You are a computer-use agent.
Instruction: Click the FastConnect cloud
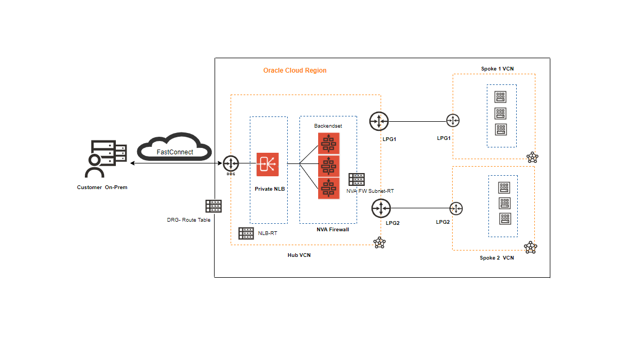(x=175, y=146)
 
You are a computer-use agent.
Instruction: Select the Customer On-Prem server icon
(x=106, y=159)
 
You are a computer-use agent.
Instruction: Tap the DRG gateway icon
(x=231, y=163)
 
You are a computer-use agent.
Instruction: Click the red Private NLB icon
(x=267, y=165)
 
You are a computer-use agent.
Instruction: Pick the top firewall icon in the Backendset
(x=329, y=143)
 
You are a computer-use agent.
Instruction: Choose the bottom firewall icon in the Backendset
(x=329, y=188)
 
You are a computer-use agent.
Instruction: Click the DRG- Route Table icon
(x=214, y=206)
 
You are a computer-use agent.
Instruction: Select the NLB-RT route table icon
(x=246, y=233)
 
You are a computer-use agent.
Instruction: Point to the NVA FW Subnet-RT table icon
(x=357, y=179)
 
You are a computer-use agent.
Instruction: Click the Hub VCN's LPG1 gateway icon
(x=378, y=121)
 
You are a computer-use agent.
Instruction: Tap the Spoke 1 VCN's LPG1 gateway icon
(x=453, y=121)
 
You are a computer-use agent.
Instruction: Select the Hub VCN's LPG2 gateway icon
(x=382, y=208)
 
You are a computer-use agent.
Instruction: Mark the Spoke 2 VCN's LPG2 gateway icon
(x=456, y=208)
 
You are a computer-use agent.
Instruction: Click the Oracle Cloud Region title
(x=295, y=71)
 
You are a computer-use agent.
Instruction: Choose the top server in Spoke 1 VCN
(x=501, y=97)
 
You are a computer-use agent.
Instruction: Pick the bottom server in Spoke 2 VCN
(x=504, y=218)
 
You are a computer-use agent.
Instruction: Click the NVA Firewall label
(x=333, y=230)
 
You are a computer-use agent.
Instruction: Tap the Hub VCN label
(x=299, y=255)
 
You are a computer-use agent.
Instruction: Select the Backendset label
(x=328, y=126)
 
